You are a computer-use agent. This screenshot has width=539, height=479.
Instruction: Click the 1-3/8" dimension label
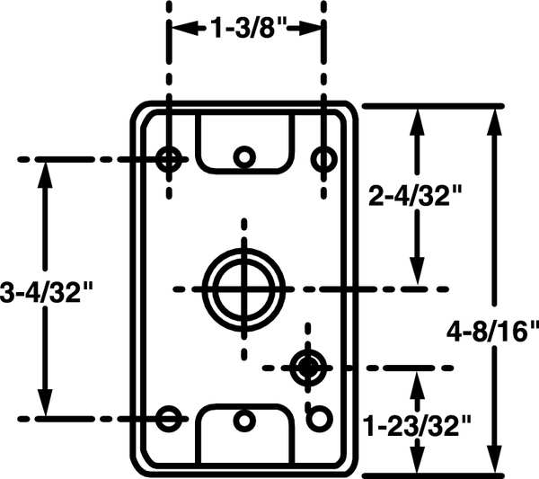(247, 29)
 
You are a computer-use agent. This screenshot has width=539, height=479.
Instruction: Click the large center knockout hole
(243, 288)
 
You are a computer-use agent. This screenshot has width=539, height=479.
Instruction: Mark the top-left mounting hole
(168, 159)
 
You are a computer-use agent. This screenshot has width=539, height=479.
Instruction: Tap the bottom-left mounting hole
(168, 418)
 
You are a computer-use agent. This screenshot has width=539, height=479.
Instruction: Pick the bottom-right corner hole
(318, 418)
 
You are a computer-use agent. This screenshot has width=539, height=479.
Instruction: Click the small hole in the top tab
(243, 157)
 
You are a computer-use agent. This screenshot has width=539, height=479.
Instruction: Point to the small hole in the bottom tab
(243, 420)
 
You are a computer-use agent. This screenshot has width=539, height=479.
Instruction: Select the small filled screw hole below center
(307, 366)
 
